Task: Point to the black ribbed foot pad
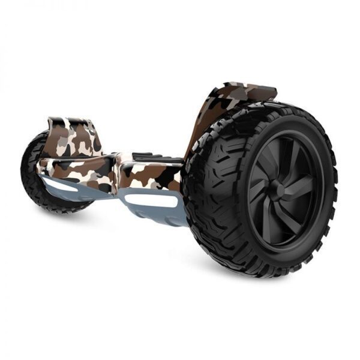click(x=157, y=158)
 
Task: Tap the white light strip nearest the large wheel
click(x=157, y=201)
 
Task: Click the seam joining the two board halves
click(x=116, y=171)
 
